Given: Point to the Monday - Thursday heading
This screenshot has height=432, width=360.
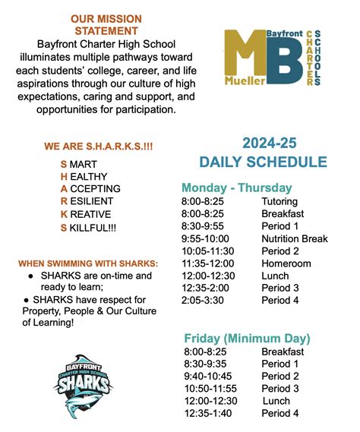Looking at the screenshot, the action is pyautogui.click(x=236, y=188).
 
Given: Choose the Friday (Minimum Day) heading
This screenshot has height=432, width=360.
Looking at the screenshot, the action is pyautogui.click(x=247, y=337).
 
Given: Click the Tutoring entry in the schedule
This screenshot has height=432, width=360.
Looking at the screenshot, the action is pyautogui.click(x=279, y=202).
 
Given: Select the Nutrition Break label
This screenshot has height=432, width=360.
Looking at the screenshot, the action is pyautogui.click(x=295, y=238).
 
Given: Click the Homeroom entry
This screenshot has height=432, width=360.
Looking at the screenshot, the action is pyautogui.click(x=286, y=263).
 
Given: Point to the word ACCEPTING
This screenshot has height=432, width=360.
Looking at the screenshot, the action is pyautogui.click(x=94, y=188).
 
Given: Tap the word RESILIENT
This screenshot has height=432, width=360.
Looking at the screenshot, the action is pyautogui.click(x=91, y=201).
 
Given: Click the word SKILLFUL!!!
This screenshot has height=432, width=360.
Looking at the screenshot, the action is pyautogui.click(x=91, y=227).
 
